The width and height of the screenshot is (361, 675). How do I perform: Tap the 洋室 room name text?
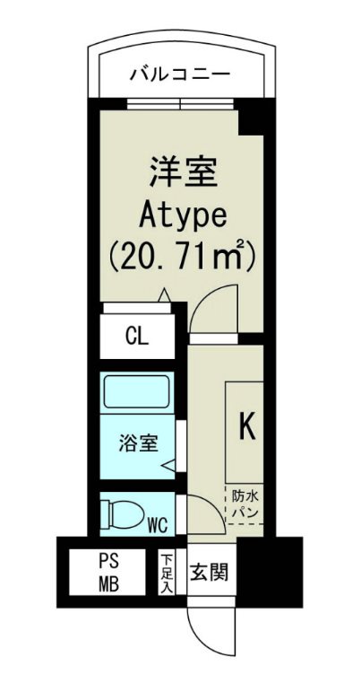point(184,171)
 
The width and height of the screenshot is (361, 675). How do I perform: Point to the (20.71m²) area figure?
point(184,257)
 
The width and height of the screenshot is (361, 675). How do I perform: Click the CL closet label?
point(137,337)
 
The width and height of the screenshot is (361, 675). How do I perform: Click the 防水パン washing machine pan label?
point(245,503)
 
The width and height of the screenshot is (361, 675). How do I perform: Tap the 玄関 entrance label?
point(212,572)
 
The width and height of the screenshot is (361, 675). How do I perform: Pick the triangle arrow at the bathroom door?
point(168,465)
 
